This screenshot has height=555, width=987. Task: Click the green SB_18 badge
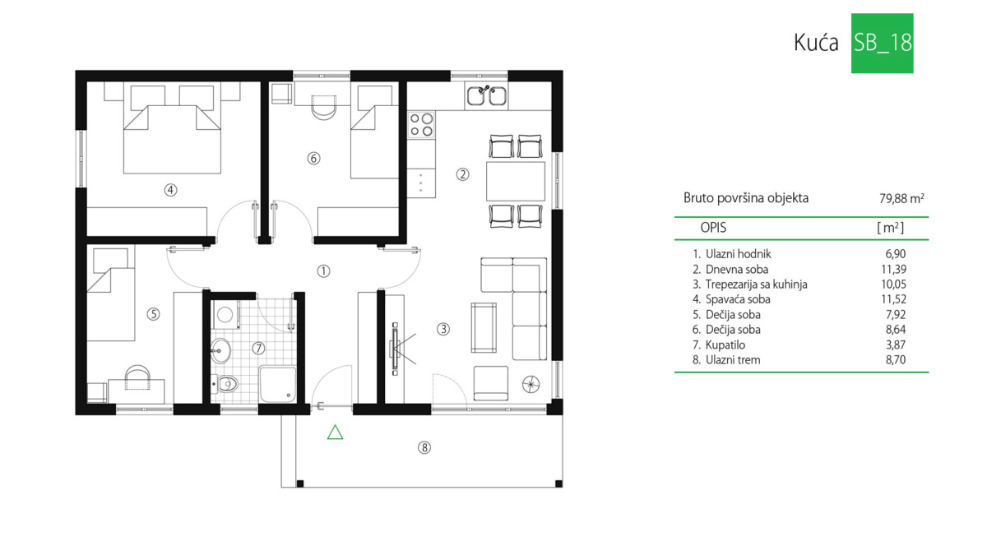pos(882,43)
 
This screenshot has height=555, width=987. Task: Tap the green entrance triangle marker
pos(335,432)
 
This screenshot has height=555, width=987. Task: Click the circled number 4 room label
pos(170,190)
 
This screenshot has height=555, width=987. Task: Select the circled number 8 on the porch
pos(424,447)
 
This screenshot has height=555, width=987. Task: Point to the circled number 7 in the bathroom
pos(258,349)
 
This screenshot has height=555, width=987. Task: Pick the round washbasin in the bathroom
pos(220,350)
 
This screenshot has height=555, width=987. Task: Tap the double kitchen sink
pos(486,95)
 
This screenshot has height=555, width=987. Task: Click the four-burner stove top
pos(421,125)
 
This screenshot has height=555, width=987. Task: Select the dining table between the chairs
pos(516,181)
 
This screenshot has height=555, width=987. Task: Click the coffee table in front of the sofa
pos(484,328)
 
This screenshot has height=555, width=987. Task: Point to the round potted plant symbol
pos(531,384)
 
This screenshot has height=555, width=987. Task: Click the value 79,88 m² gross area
pos(901,199)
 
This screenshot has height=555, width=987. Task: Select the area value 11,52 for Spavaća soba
pos(893,299)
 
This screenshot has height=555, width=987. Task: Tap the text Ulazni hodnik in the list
pos(738,254)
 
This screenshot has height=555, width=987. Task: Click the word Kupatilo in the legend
pos(725,345)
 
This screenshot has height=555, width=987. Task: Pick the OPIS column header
pos(713,228)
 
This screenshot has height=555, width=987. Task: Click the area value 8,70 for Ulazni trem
pos(896,360)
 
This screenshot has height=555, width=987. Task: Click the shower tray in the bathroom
pos(278,384)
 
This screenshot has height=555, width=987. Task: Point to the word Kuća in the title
pos(816,43)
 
